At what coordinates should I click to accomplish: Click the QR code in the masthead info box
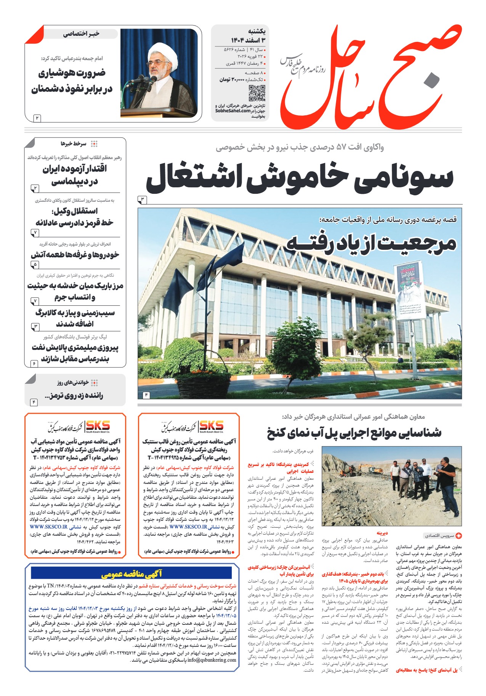click(257, 93)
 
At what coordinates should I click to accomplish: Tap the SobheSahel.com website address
click(233, 111)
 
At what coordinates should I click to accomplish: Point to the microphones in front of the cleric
click(142, 80)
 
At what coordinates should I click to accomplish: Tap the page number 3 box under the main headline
click(142, 200)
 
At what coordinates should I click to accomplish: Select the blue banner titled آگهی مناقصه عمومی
click(131, 573)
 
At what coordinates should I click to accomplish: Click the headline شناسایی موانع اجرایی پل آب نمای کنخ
click(354, 433)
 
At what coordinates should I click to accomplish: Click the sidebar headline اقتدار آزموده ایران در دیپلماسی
click(75, 175)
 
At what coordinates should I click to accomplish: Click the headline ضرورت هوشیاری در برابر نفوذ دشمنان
click(72, 81)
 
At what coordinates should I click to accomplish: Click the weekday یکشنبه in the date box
click(257, 32)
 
